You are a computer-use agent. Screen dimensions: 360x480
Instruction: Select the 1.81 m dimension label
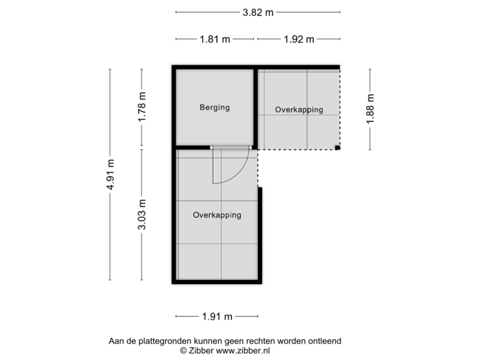[215, 39]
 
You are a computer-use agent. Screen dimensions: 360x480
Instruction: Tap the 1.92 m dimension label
[299, 39]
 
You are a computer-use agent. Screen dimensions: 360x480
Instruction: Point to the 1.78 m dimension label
[141, 107]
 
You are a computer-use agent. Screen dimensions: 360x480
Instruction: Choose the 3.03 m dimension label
[141, 215]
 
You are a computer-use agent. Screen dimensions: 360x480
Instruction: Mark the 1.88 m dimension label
[371, 109]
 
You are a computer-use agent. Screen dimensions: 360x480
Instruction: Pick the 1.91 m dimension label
[217, 317]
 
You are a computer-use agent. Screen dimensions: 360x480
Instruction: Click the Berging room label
[215, 107]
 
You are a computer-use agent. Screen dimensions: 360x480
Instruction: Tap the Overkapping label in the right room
[299, 109]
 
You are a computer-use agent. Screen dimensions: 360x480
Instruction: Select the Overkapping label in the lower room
[217, 215]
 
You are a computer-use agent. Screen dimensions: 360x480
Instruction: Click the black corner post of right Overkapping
[339, 148]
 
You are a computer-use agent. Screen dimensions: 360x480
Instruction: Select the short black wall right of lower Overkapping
[261, 233]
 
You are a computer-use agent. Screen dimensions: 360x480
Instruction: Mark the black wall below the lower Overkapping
[217, 283]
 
